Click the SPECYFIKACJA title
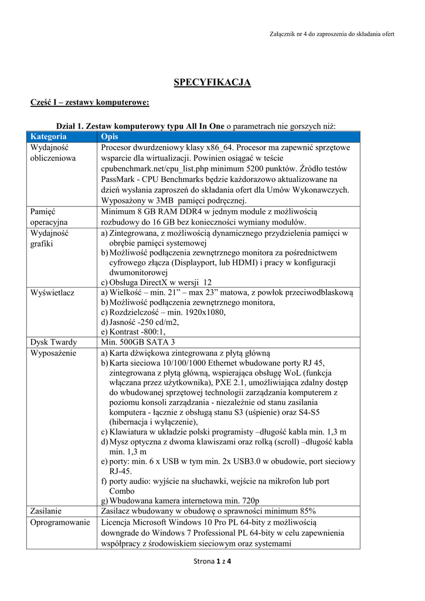212,82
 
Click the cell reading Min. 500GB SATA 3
138,342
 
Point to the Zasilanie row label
46,511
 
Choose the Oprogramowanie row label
60,522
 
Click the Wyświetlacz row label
52,292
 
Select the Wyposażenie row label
53,353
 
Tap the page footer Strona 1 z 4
212,562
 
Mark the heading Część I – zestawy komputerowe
90,103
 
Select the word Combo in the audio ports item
122,491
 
